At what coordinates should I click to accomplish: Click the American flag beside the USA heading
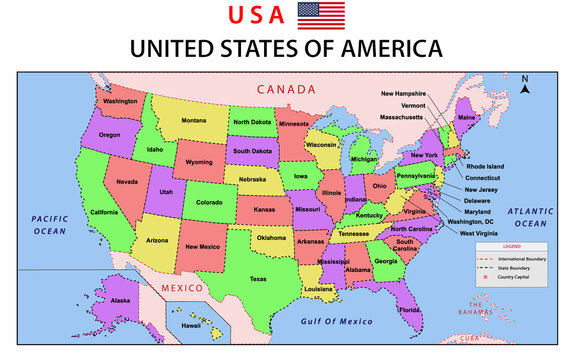pyautogui.click(x=321, y=15)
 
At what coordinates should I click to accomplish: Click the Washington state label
pyautogui.click(x=120, y=101)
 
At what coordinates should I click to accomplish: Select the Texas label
pyautogui.click(x=258, y=279)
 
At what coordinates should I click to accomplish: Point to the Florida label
pyautogui.click(x=409, y=310)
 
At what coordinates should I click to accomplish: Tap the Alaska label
pyautogui.click(x=120, y=301)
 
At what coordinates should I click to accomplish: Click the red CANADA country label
pyautogui.click(x=286, y=89)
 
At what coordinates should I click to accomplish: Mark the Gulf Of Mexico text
pyautogui.click(x=336, y=321)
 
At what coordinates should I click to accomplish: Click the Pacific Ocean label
pyautogui.click(x=48, y=224)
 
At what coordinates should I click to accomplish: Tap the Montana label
pyautogui.click(x=194, y=121)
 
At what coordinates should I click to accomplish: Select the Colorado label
pyautogui.click(x=209, y=201)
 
